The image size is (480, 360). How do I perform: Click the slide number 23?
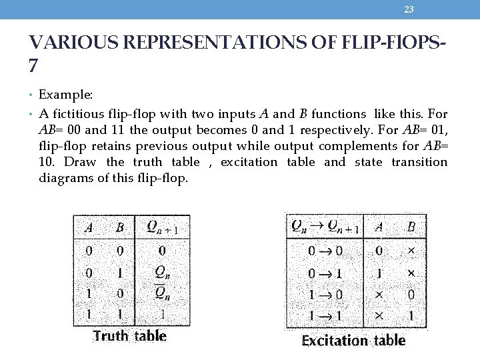point(409,9)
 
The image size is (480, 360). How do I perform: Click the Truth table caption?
point(130,335)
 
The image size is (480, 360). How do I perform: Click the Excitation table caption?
point(353,340)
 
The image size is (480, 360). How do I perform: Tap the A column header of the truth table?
point(89,227)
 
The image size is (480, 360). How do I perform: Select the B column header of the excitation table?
point(411,227)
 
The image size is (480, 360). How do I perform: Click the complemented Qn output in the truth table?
point(162,292)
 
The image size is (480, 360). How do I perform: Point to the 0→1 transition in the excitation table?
point(325,273)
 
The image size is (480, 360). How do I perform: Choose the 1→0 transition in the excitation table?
point(325,294)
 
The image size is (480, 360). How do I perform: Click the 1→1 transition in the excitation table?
point(325,315)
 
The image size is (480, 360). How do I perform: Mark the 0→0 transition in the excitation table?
point(325,251)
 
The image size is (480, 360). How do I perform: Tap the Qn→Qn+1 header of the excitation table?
point(325,227)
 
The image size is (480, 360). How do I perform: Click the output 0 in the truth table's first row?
point(162,251)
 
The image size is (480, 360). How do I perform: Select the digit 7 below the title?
point(34,66)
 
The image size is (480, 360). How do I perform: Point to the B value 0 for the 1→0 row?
point(411,294)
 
